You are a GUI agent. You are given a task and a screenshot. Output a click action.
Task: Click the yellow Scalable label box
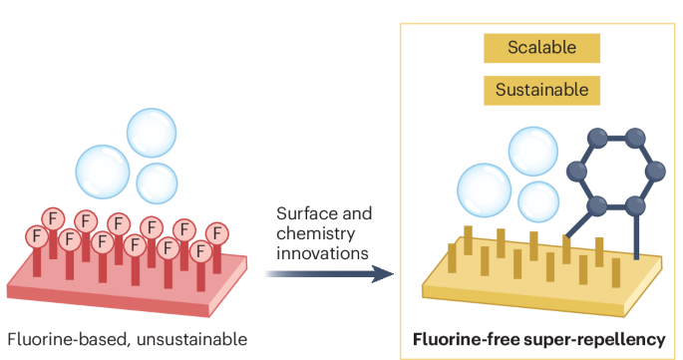541,48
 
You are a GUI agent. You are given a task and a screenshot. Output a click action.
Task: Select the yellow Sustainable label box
541,90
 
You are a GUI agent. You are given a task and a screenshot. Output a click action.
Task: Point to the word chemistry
315,234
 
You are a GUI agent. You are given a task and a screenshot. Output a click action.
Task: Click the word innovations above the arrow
322,253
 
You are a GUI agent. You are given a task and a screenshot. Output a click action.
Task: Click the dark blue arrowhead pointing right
383,274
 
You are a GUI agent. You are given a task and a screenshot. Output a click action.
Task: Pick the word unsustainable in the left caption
191,339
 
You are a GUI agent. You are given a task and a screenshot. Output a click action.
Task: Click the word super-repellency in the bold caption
594,339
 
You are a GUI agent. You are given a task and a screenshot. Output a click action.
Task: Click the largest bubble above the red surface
103,172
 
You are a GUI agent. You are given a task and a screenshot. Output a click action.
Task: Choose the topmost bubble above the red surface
152,133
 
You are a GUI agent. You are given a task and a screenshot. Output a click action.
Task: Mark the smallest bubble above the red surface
157,183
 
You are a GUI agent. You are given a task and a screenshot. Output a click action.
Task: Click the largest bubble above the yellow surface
484,190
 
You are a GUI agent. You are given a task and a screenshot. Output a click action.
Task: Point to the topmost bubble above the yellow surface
533,152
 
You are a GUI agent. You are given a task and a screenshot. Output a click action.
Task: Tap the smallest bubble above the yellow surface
538,201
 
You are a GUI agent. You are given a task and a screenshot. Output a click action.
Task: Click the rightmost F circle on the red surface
217,234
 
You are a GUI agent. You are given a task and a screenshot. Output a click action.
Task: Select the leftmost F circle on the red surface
37,236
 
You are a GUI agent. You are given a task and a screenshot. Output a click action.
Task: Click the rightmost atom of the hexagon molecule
655,171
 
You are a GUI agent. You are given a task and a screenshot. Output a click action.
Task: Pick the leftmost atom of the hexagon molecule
576,171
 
